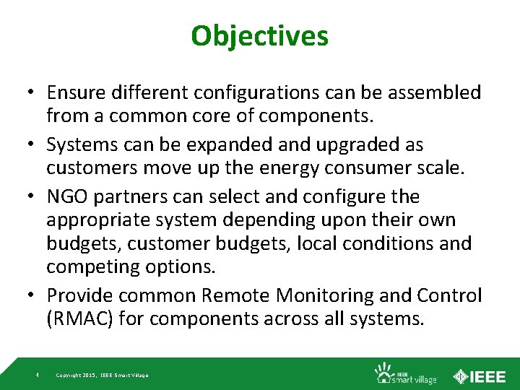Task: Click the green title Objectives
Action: click(259, 35)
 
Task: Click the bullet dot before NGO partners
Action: click(33, 197)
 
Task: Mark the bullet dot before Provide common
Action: click(33, 296)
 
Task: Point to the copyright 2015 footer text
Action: click(102, 375)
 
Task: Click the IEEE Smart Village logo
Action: click(404, 373)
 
